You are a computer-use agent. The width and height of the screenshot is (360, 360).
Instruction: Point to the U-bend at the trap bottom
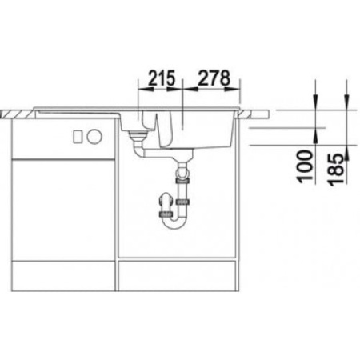coord(175,225)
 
